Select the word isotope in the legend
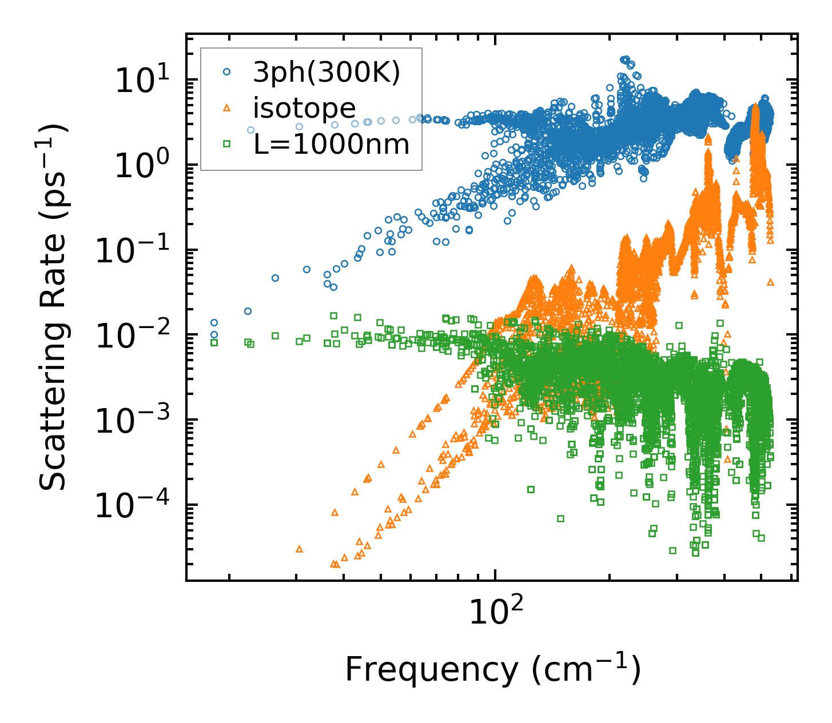305,108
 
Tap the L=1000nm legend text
332,144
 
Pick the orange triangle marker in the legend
227,107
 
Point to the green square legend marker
227,144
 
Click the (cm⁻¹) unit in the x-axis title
587,668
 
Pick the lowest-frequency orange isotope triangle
299,549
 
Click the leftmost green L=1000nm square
214,343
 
